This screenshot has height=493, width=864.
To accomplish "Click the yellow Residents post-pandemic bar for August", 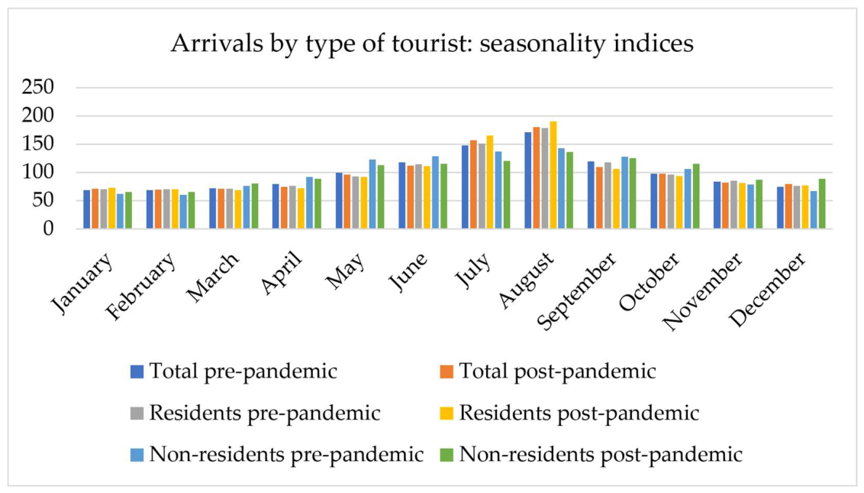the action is click(553, 175).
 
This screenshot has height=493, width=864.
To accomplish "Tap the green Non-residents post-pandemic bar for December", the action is click(822, 204).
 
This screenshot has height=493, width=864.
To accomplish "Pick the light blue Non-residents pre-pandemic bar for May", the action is click(372, 194).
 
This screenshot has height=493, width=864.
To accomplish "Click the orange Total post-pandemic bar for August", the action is click(537, 178).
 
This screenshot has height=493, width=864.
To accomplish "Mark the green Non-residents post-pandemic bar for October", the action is click(696, 196).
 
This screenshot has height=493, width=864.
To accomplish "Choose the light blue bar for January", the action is click(120, 211).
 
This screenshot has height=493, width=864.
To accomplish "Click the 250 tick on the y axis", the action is click(38, 87).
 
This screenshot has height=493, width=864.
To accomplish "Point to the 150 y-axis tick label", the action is click(38, 144).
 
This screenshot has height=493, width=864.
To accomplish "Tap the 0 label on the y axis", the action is click(49, 228).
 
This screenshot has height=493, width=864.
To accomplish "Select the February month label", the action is click(142, 286).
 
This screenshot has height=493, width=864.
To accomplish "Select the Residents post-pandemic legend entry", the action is click(569, 413).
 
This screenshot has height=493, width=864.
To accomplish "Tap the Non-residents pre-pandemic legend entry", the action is click(277, 454).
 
